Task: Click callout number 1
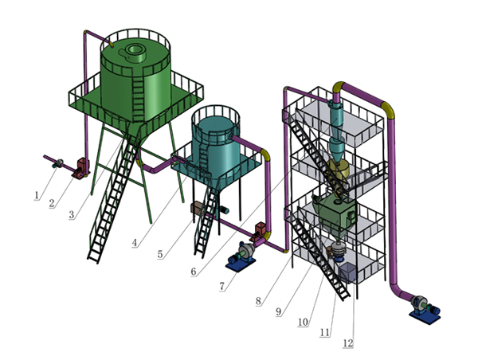coord(37,195)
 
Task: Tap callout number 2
coord(52,203)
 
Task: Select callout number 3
coord(72,214)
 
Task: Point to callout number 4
coord(135,243)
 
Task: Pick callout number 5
coord(160,254)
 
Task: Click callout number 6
coord(194,272)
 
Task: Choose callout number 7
coord(222,286)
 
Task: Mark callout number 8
coord(258,301)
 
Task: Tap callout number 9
coord(278,311)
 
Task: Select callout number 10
coord(303,322)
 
